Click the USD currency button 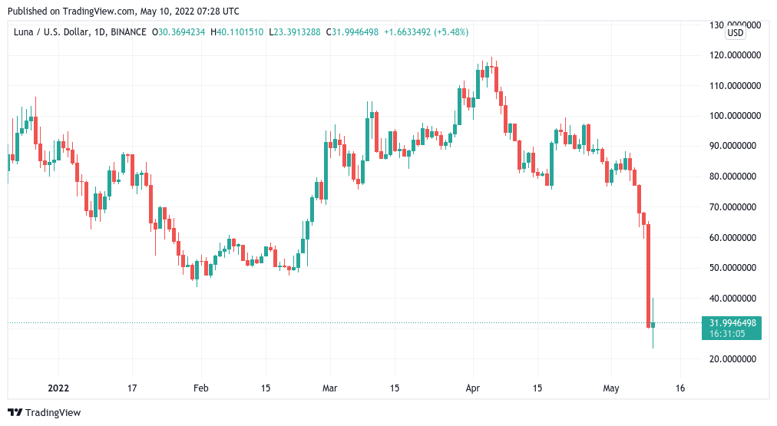736,33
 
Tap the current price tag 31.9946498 731,322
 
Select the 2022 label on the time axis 59,388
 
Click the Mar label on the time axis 330,388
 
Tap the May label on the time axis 611,388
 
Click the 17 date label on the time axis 132,388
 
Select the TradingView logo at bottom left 45,413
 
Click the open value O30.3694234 179,32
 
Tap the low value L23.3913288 297,32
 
